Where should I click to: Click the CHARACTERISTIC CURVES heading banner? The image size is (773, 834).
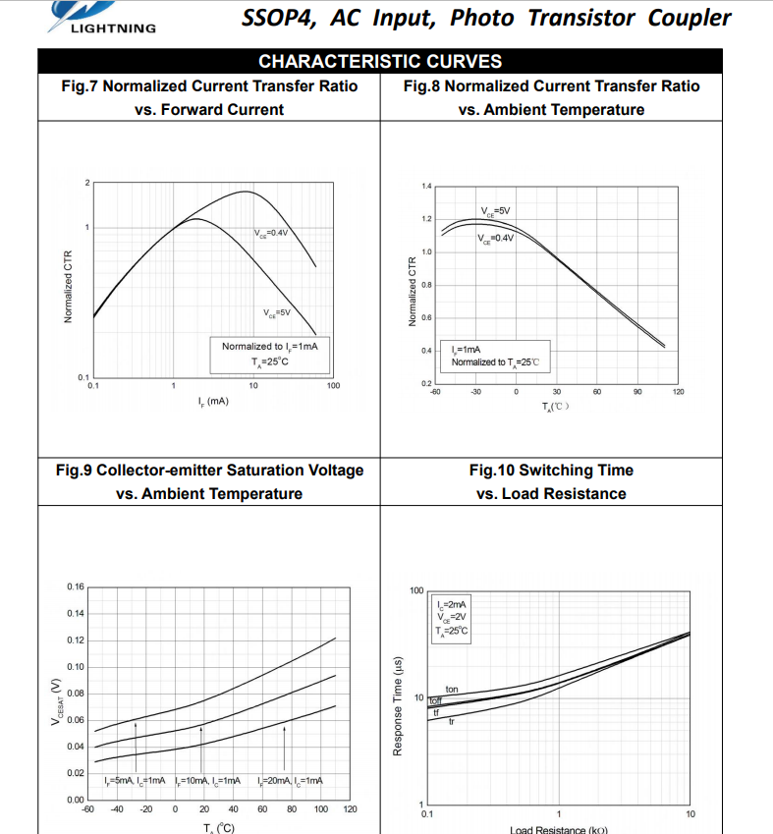tap(380, 62)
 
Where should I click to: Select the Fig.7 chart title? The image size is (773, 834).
tap(209, 97)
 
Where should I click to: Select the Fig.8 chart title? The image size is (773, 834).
tap(551, 97)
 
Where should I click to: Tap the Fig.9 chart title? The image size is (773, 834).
tap(209, 481)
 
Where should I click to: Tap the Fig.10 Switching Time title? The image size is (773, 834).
tap(551, 481)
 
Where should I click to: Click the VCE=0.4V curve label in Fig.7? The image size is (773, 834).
tap(270, 233)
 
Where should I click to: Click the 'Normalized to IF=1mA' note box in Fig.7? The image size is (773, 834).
tap(269, 354)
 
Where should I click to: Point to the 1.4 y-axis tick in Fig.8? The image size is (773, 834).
tap(425, 186)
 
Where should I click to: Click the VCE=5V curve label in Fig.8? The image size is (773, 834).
tap(495, 211)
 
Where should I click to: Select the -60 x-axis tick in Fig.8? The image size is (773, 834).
tap(434, 392)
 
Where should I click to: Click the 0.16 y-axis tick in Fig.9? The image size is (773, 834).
tap(76, 586)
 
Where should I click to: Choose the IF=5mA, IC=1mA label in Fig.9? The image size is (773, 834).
tap(135, 780)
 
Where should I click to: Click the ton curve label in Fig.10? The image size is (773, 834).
tap(452, 690)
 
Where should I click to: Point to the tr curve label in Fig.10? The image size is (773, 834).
tap(451, 722)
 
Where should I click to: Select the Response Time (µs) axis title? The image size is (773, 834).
tap(398, 706)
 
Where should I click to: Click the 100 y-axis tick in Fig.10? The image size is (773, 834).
tap(415, 591)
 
